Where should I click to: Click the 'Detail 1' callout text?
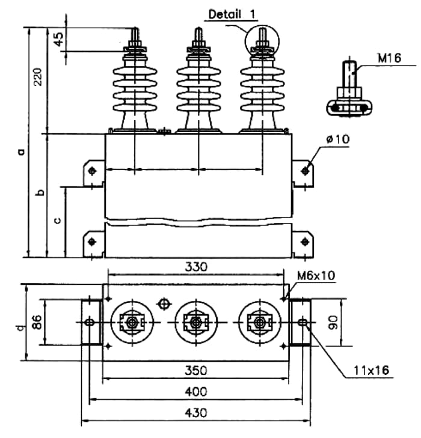tap(232, 14)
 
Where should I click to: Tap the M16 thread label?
tap(389, 58)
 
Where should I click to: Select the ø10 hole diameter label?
tap(337, 139)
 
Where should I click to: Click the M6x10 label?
tap(316, 276)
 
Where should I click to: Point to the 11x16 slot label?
tap(371, 370)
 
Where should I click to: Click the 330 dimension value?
tap(196, 267)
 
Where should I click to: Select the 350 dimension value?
tap(196, 370)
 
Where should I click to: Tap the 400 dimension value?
tap(196, 392)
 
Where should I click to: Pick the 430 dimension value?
tap(196, 413)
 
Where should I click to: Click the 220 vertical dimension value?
tap(37, 77)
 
